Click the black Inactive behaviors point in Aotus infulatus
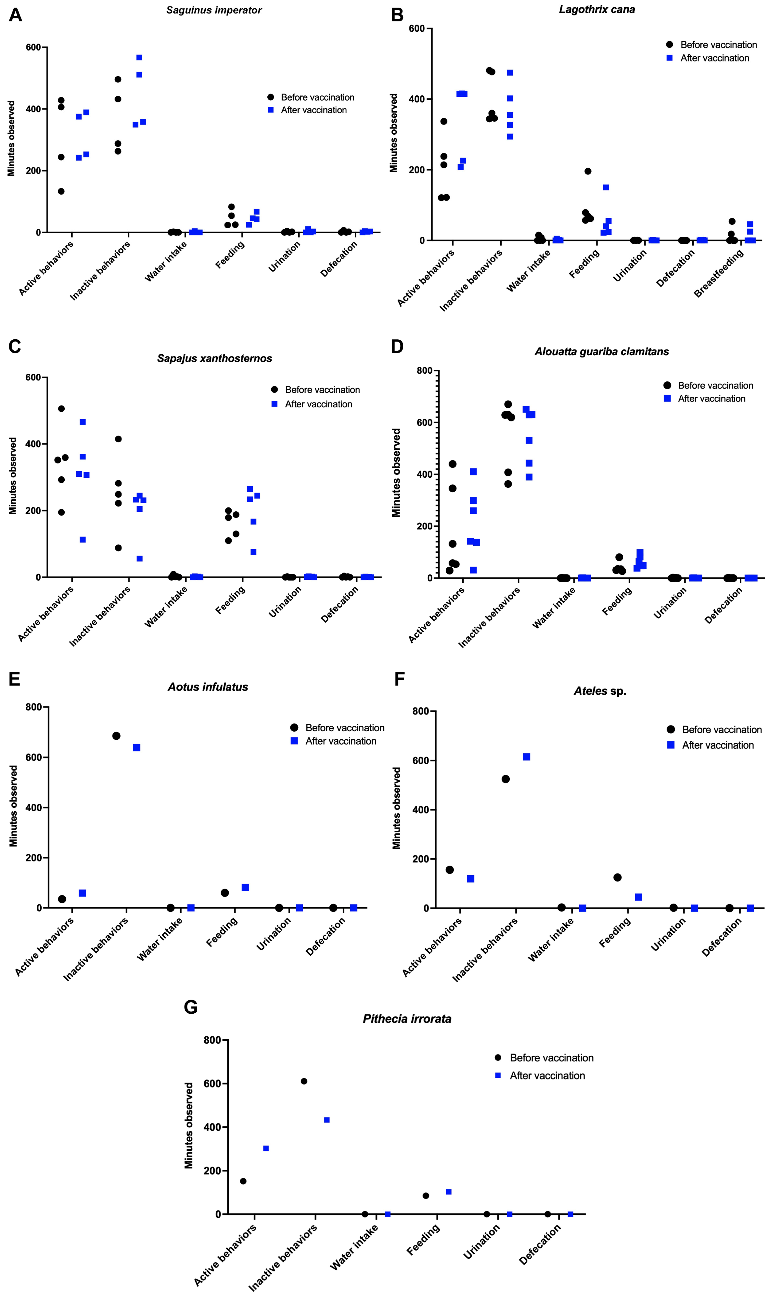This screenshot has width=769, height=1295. pos(116,736)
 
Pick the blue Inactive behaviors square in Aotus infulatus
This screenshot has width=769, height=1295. pos(137,748)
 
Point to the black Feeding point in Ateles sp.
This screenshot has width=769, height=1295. pos(617,877)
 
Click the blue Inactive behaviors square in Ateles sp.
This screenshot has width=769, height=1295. pos(526,757)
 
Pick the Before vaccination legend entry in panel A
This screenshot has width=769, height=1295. pos(317,97)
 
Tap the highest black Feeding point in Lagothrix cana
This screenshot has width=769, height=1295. pos(588,172)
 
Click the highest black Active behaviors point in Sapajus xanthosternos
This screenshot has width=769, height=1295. pos(61,409)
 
